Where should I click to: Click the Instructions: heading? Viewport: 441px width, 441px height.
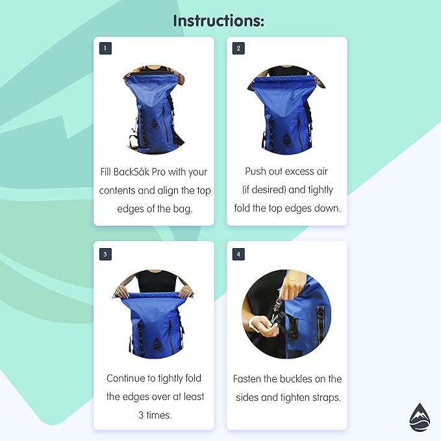pos(219,21)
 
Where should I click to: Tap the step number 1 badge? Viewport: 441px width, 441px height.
pos(105,48)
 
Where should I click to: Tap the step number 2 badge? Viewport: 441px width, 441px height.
pos(238,48)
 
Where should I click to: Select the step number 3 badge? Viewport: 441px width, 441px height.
pos(105,254)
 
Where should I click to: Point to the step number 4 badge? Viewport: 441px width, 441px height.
pos(238,254)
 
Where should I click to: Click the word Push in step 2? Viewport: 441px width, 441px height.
pos(257,172)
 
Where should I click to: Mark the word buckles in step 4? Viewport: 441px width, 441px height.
pos(298,378)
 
